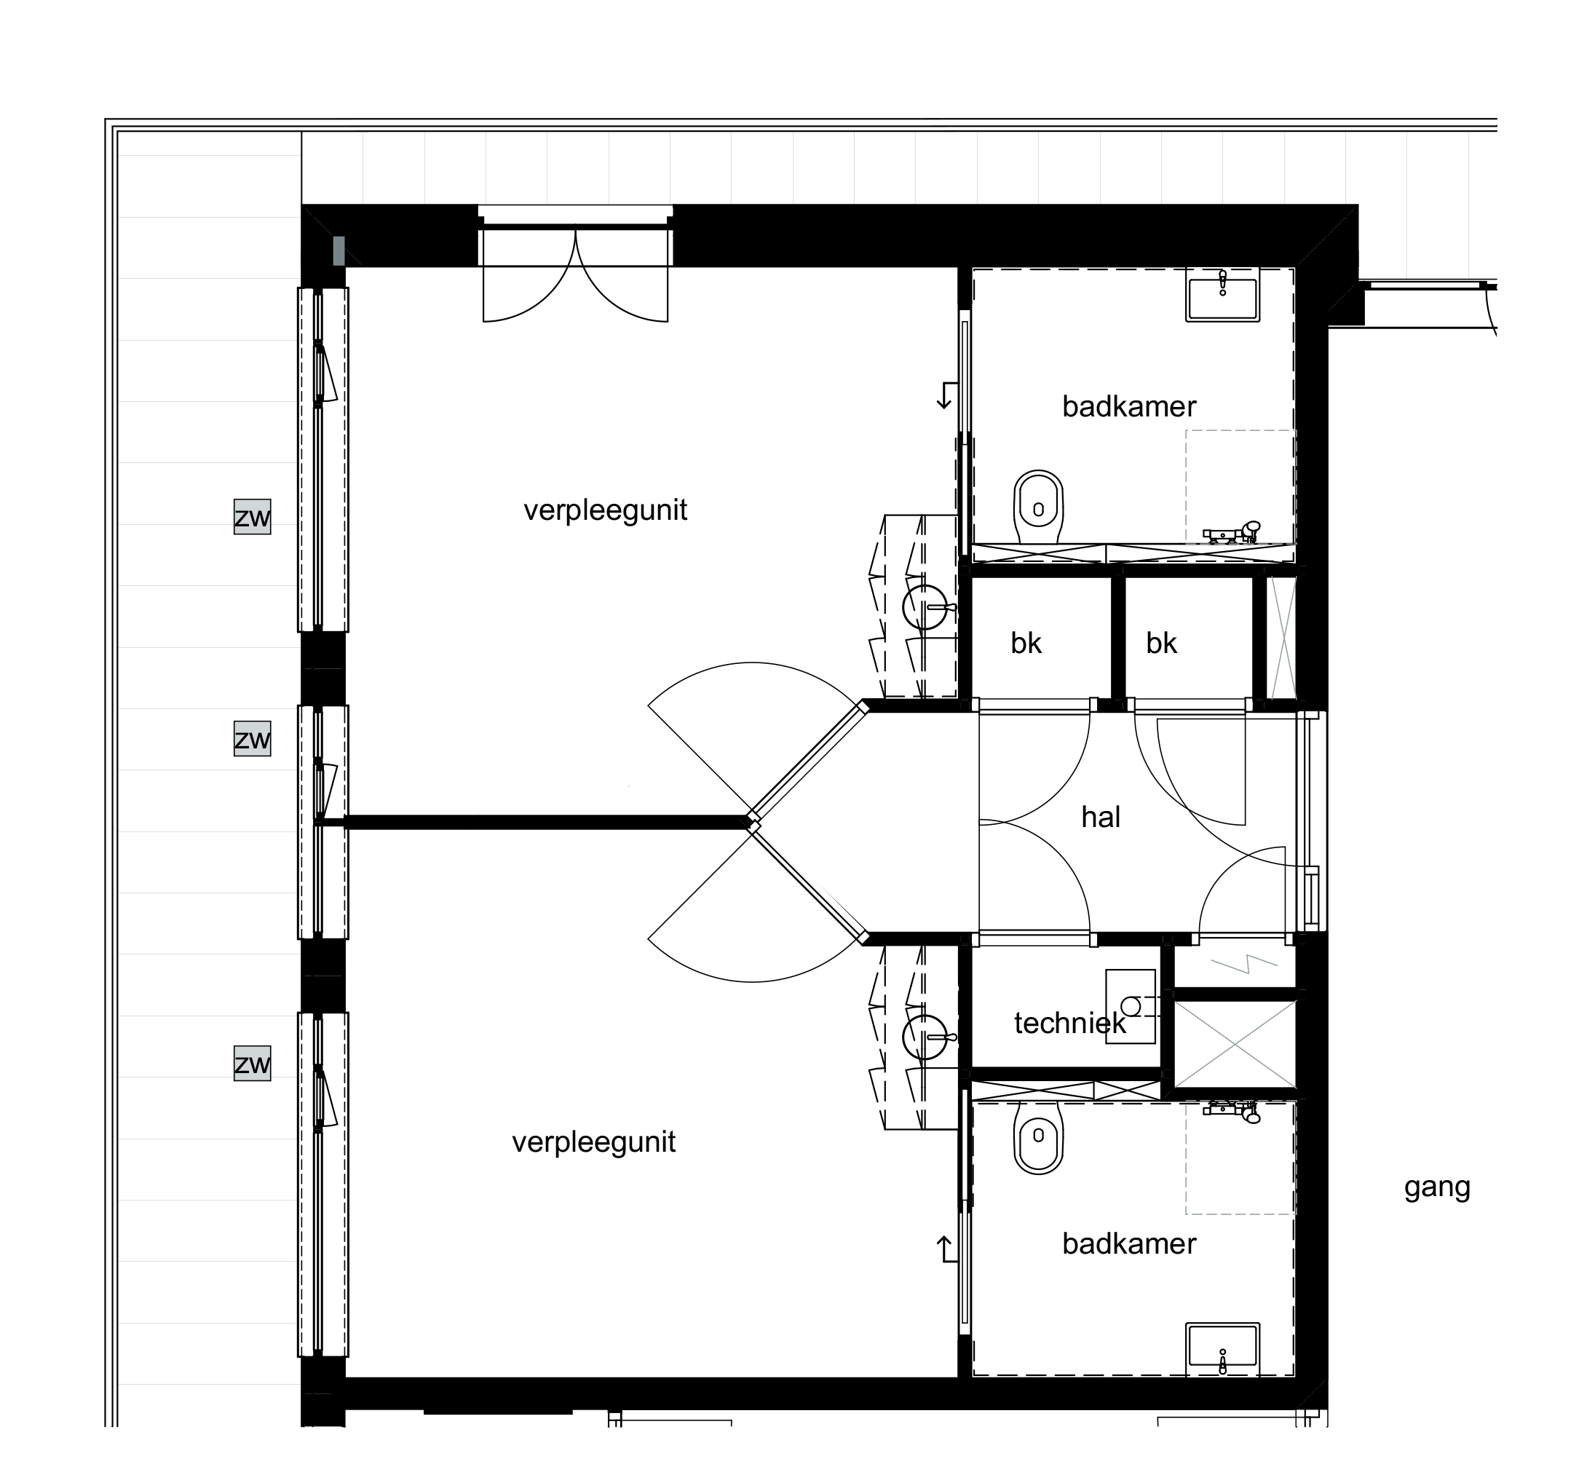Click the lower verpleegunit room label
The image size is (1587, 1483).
pos(594,1143)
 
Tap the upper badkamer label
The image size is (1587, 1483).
pos(1129,407)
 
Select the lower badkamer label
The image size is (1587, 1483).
pos(1129,1243)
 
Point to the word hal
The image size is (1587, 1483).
pos(1101,818)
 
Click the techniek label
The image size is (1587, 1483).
pos(1069,1024)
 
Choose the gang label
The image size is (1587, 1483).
pos(1437,1187)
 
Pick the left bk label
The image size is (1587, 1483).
pos(1026,644)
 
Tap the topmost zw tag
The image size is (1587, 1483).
pos(253,517)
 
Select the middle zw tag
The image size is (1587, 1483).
pos(253,738)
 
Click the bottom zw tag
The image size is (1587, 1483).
pos(253,1063)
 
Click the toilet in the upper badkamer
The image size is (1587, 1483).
pos(1039,506)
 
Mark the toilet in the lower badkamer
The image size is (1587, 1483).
pos(1039,1137)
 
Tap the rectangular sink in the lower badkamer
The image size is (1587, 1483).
pos(1223,1350)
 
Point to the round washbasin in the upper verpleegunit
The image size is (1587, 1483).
pos(926,607)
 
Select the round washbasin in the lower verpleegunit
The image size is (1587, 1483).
pos(926,1037)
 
